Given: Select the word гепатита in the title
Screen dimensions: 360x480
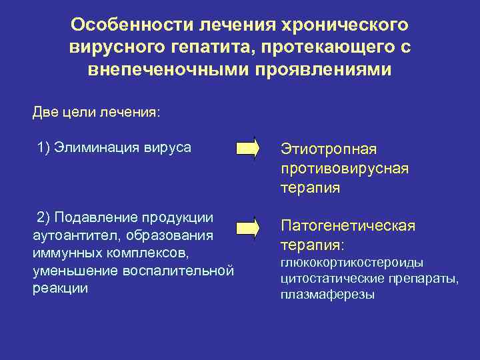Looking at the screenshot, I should (x=203, y=48).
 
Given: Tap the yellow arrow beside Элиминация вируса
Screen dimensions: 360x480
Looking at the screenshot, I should (x=247, y=148).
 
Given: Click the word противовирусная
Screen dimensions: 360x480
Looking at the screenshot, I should (x=345, y=168).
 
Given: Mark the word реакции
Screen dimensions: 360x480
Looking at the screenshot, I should (x=60, y=289).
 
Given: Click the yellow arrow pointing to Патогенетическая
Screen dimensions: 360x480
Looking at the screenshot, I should (x=247, y=227).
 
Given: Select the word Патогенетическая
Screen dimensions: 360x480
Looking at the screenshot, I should (x=347, y=226).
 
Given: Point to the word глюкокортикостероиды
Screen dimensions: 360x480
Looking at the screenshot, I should (x=352, y=263).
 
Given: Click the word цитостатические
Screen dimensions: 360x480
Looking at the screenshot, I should (x=330, y=279).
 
